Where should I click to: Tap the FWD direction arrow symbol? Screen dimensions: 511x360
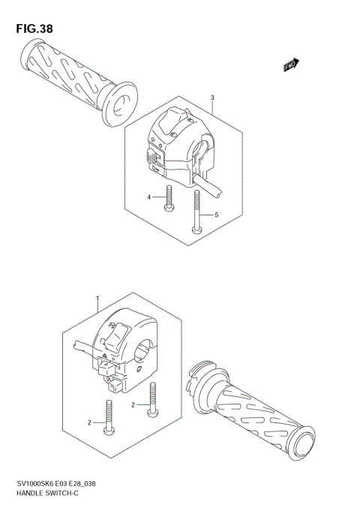pos(291,66)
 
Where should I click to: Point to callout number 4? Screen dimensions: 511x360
pos(149,197)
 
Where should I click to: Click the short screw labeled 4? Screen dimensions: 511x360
pos(169,198)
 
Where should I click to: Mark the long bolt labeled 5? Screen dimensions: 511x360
pos(196,212)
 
